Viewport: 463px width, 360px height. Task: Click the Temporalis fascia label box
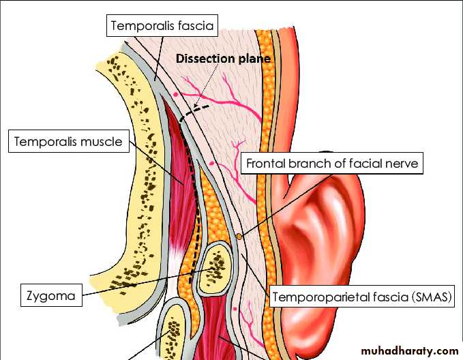click(x=161, y=27)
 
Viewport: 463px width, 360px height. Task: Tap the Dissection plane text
click(x=224, y=59)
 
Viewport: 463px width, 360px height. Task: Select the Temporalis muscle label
click(x=68, y=142)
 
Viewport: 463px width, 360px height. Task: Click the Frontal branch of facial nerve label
click(x=331, y=164)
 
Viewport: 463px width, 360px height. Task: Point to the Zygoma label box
click(x=49, y=297)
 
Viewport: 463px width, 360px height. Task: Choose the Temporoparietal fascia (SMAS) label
click(x=363, y=297)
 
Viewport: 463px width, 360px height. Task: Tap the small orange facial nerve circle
click(x=239, y=237)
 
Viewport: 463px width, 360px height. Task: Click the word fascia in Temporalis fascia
click(x=194, y=27)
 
